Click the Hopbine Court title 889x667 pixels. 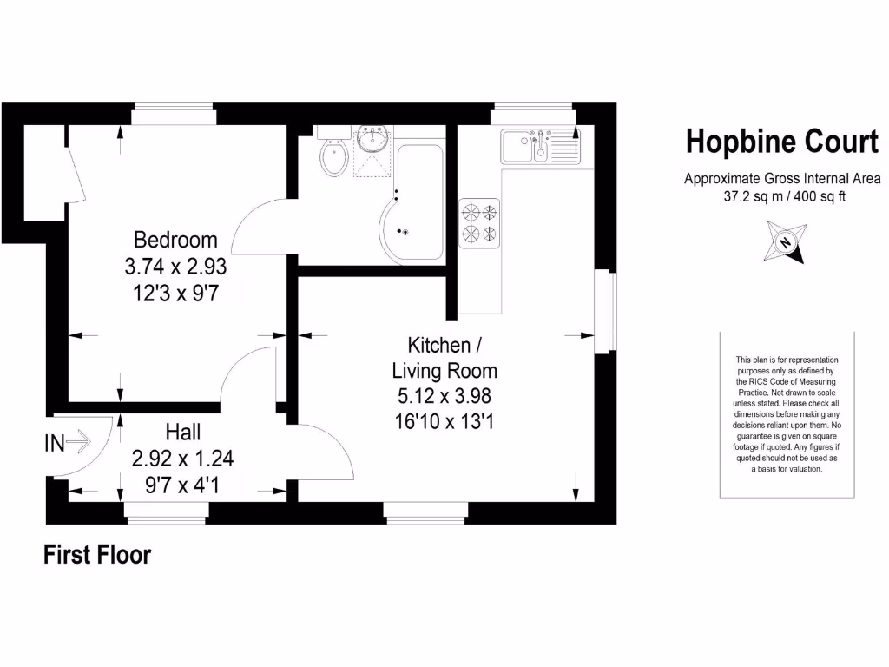coord(781,142)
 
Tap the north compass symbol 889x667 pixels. coord(785,242)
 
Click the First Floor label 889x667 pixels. coord(97,555)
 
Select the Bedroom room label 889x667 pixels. coord(175,240)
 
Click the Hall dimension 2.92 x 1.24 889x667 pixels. coord(182,459)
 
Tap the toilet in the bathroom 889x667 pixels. coord(334,158)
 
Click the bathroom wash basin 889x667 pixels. coord(375,138)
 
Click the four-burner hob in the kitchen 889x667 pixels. coord(480,222)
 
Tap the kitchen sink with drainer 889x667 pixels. coord(539,146)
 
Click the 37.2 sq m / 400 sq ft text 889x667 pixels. coord(785,196)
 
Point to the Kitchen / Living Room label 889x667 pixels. coord(444,358)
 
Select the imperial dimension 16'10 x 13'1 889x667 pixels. coord(444,423)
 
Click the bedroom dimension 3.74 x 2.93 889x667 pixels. coord(175,267)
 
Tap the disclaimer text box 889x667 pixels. coord(787,414)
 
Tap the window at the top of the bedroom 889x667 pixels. coord(175,114)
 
